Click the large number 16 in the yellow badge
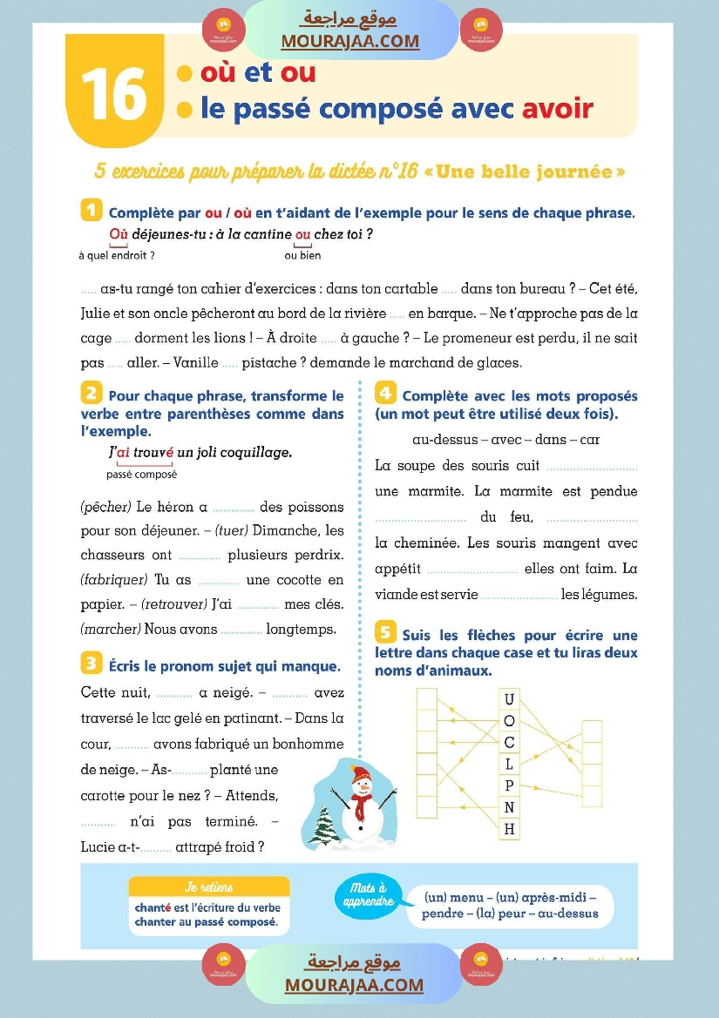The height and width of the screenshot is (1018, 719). (113, 95)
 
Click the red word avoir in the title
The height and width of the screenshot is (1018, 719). (557, 108)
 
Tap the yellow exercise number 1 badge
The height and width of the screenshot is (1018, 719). (91, 211)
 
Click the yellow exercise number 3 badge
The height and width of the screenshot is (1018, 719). (91, 664)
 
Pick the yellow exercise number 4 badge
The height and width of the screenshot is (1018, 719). (385, 394)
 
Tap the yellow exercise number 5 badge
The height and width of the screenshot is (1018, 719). (385, 633)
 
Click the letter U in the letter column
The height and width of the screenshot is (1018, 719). (510, 699)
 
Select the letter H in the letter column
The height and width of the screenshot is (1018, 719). (510, 829)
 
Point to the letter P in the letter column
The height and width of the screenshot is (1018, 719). (510, 785)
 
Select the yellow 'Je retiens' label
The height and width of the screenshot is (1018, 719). (209, 887)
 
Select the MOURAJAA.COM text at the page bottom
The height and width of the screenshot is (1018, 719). (354, 985)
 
